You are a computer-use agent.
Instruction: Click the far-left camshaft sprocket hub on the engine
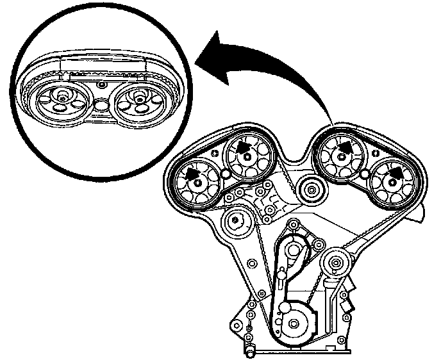point(196,184)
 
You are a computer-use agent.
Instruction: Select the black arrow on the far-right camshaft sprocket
point(397,172)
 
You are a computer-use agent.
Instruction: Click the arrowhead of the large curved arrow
point(206,60)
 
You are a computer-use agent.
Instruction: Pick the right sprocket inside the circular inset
point(137,102)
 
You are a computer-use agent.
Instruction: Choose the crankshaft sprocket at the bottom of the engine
point(296,323)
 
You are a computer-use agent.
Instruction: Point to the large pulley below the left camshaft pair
point(236,222)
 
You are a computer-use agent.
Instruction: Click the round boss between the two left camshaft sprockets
point(224,174)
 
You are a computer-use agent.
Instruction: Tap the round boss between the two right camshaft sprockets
point(364,174)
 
